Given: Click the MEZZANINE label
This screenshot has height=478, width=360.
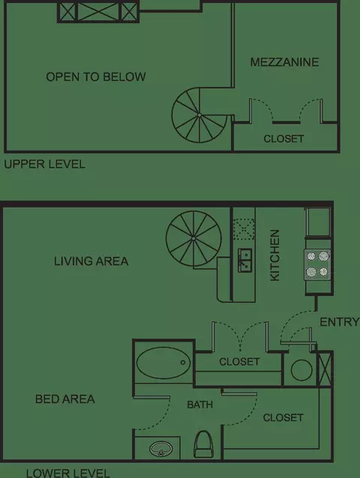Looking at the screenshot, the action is pyautogui.click(x=284, y=62).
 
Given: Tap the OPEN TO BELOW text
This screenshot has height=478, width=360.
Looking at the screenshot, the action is pyautogui.click(x=96, y=77).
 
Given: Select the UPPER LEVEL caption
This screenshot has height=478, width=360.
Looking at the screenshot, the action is pyautogui.click(x=44, y=164).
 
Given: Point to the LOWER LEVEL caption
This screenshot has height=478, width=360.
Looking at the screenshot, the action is pyautogui.click(x=67, y=473).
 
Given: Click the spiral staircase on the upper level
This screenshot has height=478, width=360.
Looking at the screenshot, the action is pyautogui.click(x=199, y=115).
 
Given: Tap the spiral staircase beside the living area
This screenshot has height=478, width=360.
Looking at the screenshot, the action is pyautogui.click(x=193, y=238).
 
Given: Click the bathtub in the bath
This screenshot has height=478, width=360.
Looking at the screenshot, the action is pyautogui.click(x=163, y=363).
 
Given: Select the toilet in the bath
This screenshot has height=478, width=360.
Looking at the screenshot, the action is pyautogui.click(x=203, y=444).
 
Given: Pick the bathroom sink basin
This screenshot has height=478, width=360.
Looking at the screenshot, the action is pyautogui.click(x=161, y=449).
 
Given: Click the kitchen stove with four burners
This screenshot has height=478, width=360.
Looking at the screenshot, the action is pyautogui.click(x=317, y=264).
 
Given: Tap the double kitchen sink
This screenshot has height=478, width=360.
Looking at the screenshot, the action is pyautogui.click(x=245, y=260).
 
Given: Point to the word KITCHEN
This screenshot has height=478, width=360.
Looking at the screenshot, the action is pyautogui.click(x=275, y=255).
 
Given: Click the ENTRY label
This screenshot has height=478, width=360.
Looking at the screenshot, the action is pyautogui.click(x=340, y=322).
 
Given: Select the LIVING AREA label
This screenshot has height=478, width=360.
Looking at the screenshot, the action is pyautogui.click(x=91, y=261).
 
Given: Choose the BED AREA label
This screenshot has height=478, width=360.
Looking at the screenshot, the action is pyautogui.click(x=65, y=399).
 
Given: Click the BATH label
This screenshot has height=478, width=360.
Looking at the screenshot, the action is pyautogui.click(x=199, y=405).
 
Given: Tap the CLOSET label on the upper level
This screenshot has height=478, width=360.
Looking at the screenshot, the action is pyautogui.click(x=283, y=139).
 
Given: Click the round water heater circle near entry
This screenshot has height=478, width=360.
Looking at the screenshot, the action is pyautogui.click(x=301, y=370).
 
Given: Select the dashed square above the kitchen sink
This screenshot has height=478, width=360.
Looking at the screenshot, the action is pyautogui.click(x=244, y=229).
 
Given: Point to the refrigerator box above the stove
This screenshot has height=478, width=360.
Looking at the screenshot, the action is pyautogui.click(x=318, y=222).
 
